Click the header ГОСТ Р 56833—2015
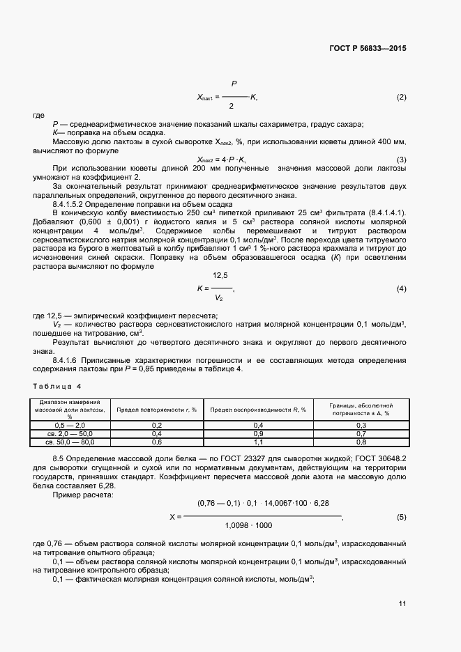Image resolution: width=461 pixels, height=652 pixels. click(367, 49)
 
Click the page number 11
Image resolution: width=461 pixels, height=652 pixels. click(402, 603)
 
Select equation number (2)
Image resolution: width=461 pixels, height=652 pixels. click(401, 97)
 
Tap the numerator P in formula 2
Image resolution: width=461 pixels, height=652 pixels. click(233, 84)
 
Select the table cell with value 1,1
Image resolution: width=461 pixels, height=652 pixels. click(258, 442)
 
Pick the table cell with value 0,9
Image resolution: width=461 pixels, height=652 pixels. click(258, 433)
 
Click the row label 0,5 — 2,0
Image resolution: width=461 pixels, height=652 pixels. click(69, 425)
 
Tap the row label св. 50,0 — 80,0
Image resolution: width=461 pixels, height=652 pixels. click(69, 442)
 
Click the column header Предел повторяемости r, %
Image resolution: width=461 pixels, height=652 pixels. click(156, 410)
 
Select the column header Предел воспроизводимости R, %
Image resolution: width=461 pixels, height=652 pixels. click(258, 410)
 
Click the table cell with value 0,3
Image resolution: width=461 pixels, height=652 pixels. click(361, 425)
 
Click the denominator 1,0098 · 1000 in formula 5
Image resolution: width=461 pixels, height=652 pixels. click(249, 525)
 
